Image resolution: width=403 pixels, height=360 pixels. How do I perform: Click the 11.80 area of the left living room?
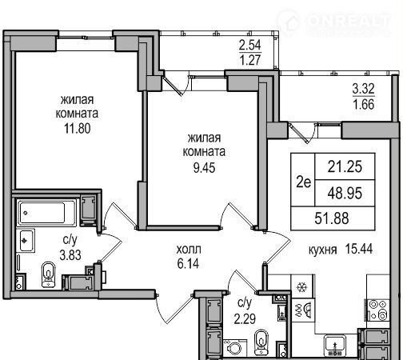pyautogui.click(x=77, y=128)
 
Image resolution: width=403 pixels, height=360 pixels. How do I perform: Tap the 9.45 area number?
pyautogui.click(x=204, y=168)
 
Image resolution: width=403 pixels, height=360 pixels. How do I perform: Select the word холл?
pyautogui.click(x=189, y=250)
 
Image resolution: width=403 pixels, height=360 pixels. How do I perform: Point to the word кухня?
pyautogui.click(x=322, y=250)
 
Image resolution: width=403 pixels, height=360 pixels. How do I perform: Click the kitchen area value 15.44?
pyautogui.click(x=359, y=249)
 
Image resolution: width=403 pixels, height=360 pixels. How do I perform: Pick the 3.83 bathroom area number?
pyautogui.click(x=70, y=255)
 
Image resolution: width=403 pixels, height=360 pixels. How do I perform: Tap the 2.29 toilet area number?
pyautogui.click(x=245, y=318)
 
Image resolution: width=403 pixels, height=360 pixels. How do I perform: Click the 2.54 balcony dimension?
pyautogui.click(x=249, y=45)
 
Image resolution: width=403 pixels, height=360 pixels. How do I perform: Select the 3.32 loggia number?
pyautogui.click(x=364, y=89)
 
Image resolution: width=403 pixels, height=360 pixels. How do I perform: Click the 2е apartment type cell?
pyautogui.click(x=304, y=182)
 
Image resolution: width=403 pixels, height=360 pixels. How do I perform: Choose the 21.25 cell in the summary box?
pyautogui.click(x=345, y=166)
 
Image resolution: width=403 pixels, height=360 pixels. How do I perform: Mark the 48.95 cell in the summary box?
pyautogui.click(x=345, y=193)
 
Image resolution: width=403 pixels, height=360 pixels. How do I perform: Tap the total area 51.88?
pyautogui.click(x=332, y=218)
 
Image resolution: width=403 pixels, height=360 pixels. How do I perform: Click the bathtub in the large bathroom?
pyautogui.click(x=47, y=213)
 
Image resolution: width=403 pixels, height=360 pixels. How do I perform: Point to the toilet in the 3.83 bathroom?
pyautogui.click(x=48, y=274)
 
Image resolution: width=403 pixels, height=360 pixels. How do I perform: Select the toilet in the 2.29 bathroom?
pyautogui.click(x=261, y=342)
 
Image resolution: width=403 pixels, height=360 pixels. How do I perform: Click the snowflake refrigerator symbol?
pyautogui.click(x=302, y=287)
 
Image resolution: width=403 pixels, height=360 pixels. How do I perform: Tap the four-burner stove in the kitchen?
pyautogui.click(x=379, y=310)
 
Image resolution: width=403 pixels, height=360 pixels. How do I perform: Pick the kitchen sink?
pyautogui.click(x=335, y=345)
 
